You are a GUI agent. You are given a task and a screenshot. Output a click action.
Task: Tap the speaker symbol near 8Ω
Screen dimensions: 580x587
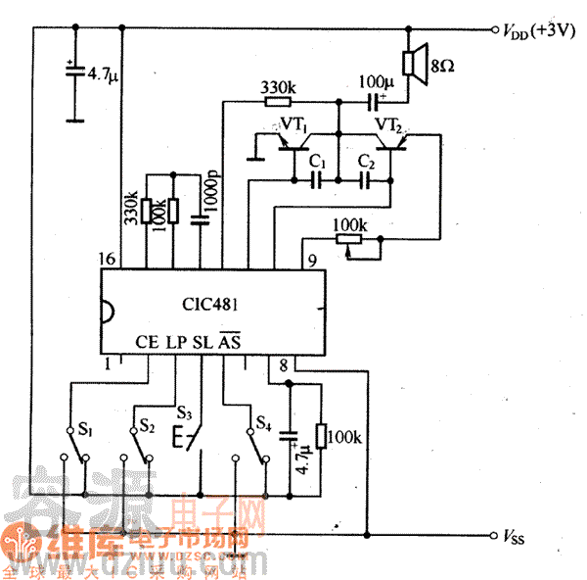point(416,61)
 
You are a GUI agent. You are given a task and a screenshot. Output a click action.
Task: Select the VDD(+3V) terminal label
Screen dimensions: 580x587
point(536,31)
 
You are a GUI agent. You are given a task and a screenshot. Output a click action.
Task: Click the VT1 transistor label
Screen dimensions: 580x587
point(294,126)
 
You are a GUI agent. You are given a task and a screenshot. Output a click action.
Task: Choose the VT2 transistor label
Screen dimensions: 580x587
point(388,125)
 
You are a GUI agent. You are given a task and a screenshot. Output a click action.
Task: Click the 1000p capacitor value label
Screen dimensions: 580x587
point(209,195)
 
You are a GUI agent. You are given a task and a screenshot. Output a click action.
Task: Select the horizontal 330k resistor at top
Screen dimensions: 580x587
point(278,99)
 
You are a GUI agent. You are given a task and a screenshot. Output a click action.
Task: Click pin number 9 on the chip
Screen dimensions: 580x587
point(311,261)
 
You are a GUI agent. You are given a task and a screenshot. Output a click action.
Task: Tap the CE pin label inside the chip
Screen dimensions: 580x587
point(147,342)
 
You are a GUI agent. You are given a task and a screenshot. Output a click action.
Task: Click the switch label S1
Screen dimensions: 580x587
point(86,429)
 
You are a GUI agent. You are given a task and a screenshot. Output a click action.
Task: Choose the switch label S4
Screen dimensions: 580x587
point(263,423)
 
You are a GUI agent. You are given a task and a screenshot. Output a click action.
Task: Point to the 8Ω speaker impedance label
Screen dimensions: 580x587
point(441,68)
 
